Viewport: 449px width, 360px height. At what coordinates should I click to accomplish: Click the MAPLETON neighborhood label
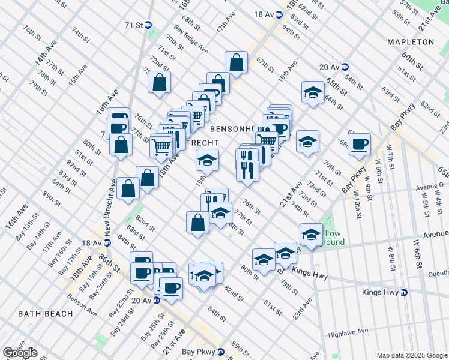(x=411, y=42)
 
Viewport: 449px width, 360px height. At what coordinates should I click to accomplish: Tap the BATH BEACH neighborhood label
(x=45, y=314)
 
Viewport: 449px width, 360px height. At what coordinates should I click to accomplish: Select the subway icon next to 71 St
(x=148, y=25)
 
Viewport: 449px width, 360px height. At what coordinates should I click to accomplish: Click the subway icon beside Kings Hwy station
(x=404, y=293)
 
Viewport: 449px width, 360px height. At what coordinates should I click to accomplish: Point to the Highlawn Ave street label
(x=348, y=332)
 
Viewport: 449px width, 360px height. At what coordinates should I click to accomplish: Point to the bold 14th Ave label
(x=41, y=54)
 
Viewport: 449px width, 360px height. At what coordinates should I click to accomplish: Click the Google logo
(x=20, y=353)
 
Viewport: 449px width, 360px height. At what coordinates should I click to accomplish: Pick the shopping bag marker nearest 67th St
(x=237, y=61)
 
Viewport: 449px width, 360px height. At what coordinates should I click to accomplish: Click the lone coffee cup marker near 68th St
(x=359, y=143)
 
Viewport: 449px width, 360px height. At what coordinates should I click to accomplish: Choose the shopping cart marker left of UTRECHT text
(x=161, y=145)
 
